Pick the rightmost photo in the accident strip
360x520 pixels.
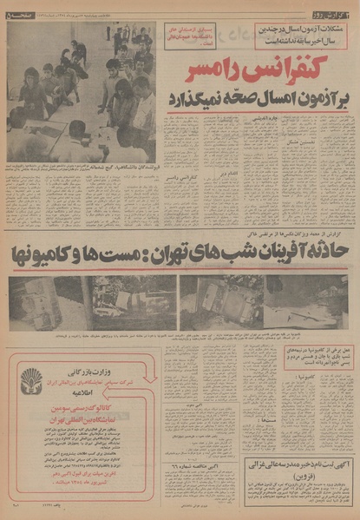[x=308, y=302]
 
